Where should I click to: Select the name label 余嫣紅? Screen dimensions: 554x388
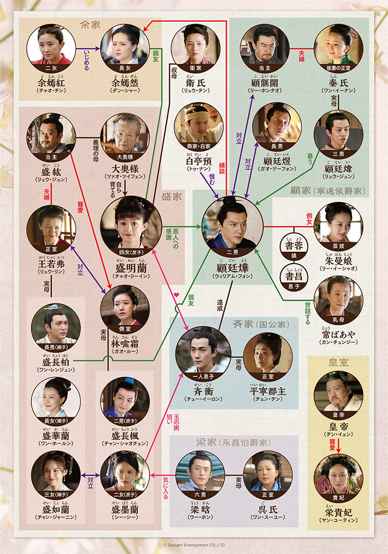[50, 82]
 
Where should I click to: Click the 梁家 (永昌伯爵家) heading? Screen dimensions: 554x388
[233, 442]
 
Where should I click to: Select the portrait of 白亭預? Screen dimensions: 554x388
[199, 128]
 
